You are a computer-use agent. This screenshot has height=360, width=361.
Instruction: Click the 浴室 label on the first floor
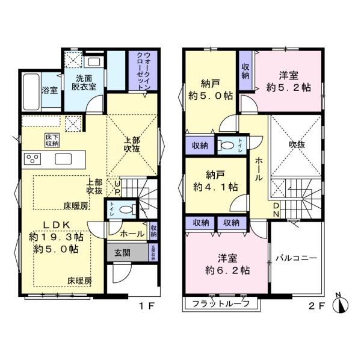[50, 91]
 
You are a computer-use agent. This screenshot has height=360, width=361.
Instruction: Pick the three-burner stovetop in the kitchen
[32, 159]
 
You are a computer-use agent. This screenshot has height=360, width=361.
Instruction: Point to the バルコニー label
[297, 258]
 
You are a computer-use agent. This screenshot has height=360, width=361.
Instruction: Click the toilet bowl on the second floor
[226, 145]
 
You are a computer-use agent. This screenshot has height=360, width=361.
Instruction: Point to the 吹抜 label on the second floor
[295, 144]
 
